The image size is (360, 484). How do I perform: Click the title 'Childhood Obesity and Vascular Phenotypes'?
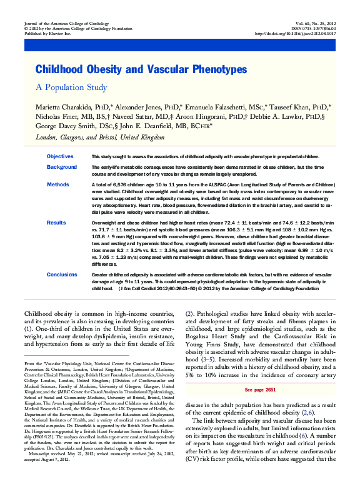click(141, 69)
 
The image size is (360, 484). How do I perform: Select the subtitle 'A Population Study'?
click(71, 88)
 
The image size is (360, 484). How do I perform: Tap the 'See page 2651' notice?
click(262, 389)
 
